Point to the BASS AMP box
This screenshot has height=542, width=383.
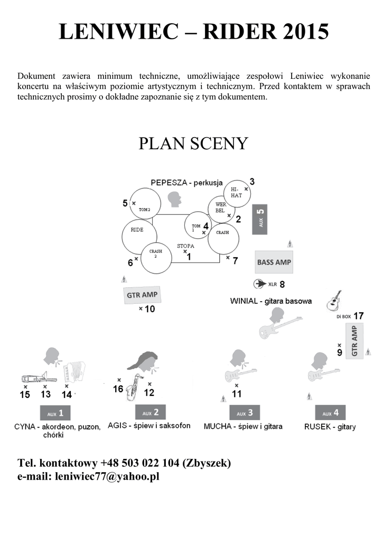[274, 262]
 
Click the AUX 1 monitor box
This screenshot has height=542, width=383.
[55, 413]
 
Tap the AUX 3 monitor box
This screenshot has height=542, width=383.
[245, 413]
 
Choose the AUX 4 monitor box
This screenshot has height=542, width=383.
[330, 413]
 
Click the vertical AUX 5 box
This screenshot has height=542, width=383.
[260, 219]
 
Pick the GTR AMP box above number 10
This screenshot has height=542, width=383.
[142, 295]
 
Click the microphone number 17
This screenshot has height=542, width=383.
[359, 316]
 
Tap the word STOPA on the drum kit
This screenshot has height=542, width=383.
[185, 246]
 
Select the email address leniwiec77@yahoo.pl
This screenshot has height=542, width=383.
[107, 476]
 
